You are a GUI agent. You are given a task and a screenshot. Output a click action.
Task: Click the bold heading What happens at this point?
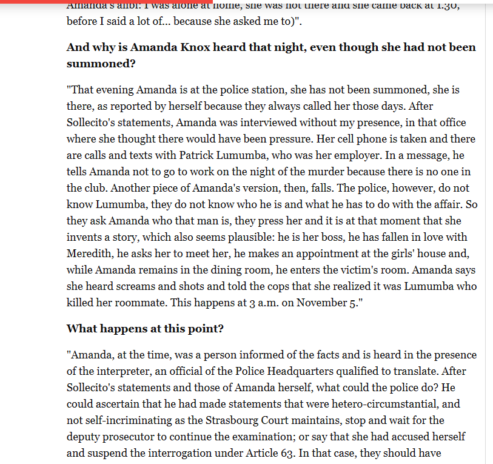[x=145, y=329]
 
